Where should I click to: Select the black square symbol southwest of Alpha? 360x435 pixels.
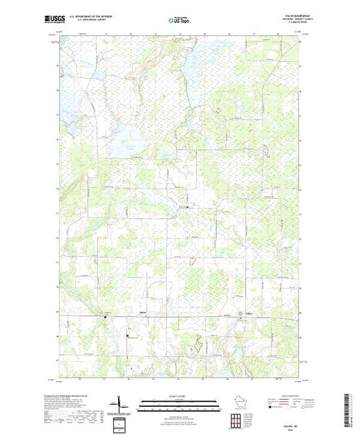(x=127, y=336)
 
